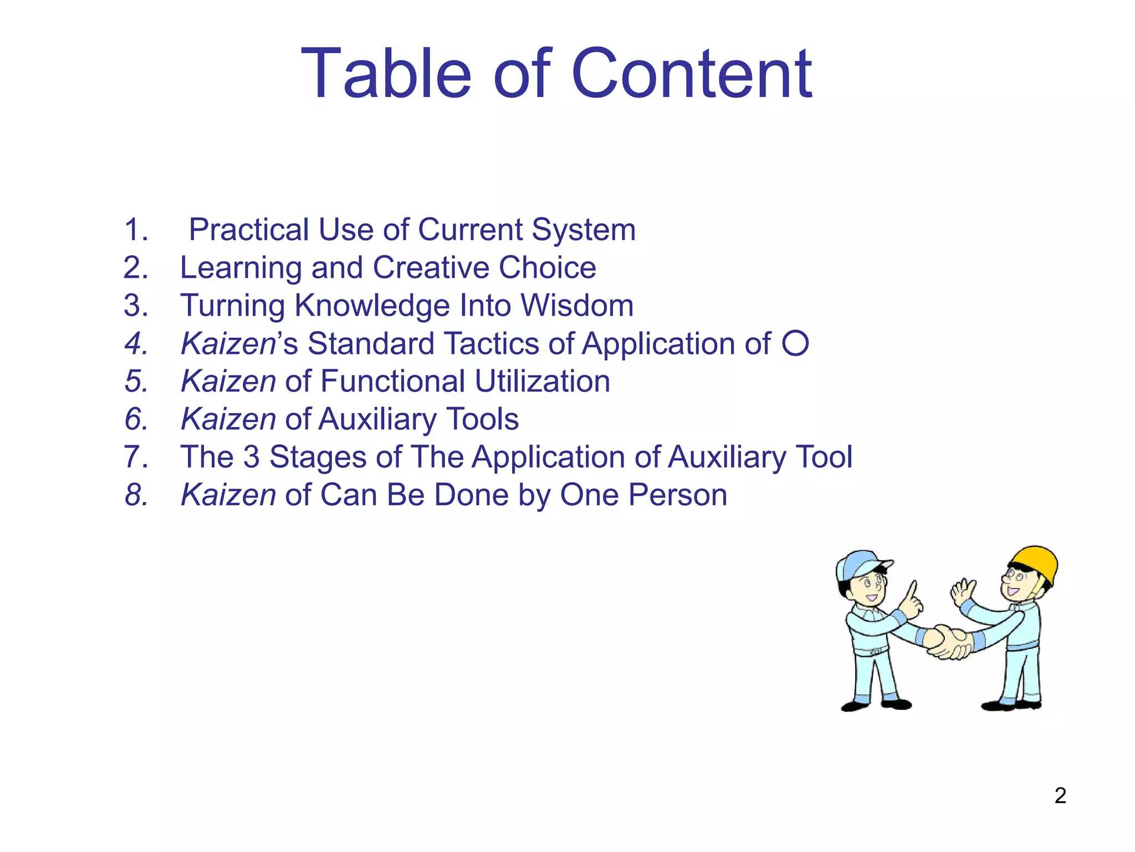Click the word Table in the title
tap(386, 74)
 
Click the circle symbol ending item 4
tap(795, 343)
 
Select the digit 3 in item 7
tap(252, 457)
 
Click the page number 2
tap(1060, 795)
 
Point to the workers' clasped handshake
tap(951, 642)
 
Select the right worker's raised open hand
tap(963, 592)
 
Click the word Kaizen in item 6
tap(228, 419)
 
